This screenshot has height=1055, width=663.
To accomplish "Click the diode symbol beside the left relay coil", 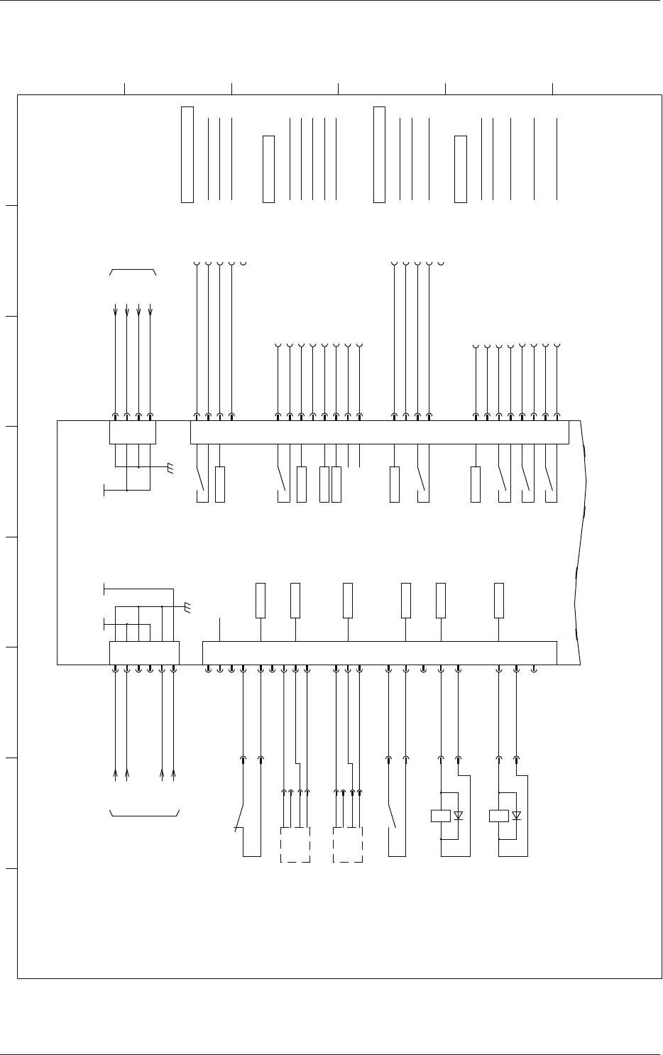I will [x=458, y=816].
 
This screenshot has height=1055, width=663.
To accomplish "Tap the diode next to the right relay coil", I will [x=516, y=816].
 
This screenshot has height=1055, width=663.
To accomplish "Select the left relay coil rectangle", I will [x=441, y=816].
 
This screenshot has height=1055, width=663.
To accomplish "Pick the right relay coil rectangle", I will [x=499, y=816].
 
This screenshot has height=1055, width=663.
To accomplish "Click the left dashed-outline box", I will [x=295, y=844].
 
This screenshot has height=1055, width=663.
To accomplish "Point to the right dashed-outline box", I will [x=348, y=844].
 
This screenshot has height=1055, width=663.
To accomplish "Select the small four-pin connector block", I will [x=133, y=432].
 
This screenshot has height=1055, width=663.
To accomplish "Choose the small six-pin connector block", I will [x=144, y=652].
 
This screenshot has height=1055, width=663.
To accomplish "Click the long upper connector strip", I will [x=380, y=432].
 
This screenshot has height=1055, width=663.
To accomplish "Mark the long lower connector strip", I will [x=380, y=652].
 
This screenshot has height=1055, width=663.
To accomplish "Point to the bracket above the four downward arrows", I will [x=133, y=271].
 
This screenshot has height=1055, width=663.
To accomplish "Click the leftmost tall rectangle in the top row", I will [x=187, y=154].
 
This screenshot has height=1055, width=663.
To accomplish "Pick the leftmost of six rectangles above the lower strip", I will [x=261, y=600].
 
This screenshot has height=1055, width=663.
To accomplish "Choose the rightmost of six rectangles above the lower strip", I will [x=499, y=600].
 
